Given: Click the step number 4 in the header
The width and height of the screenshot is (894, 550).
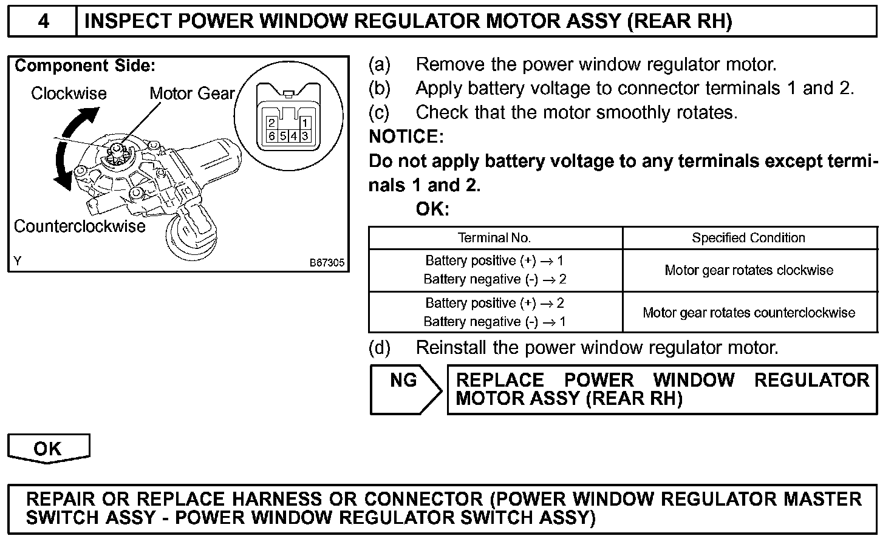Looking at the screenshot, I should click(43, 21).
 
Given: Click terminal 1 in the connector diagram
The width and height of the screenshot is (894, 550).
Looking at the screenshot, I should click(305, 124).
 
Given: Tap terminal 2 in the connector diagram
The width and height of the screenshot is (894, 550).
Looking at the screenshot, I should click(272, 124).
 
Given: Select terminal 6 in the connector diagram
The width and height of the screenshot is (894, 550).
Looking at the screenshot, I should click(272, 136).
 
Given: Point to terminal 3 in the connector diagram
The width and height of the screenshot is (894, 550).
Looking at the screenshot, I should click(305, 136).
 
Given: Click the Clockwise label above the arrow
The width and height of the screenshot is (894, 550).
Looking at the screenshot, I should click(69, 93).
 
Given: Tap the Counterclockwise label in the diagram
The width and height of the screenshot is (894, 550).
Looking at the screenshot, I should click(80, 226).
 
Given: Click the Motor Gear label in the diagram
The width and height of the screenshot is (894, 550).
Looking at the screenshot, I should click(192, 93).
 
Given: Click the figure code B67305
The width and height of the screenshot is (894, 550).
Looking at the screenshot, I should click(327, 263).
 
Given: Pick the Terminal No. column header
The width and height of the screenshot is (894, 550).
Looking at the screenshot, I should click(494, 238).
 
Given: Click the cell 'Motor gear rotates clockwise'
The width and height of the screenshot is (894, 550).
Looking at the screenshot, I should click(749, 270).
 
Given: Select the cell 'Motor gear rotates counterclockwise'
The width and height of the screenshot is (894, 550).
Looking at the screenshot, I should click(749, 313).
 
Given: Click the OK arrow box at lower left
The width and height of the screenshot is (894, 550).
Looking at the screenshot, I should click(48, 449).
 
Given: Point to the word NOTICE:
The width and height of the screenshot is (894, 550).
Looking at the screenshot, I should click(406, 137).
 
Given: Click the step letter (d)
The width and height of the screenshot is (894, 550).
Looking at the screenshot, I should click(380, 348).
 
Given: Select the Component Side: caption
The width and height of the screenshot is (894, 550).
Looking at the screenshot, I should click(85, 66).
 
